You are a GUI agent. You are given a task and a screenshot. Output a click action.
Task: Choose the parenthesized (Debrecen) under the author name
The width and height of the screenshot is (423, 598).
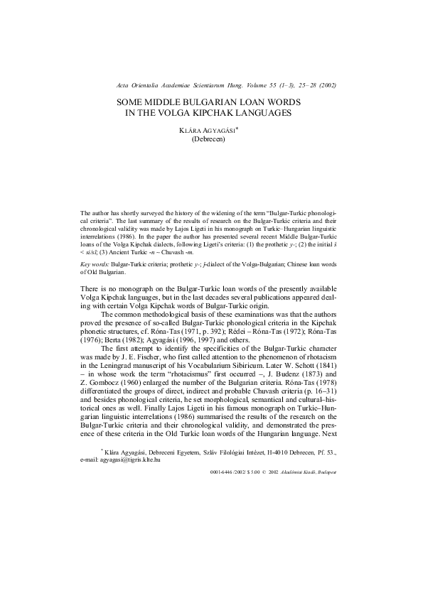click(x=211, y=139)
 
